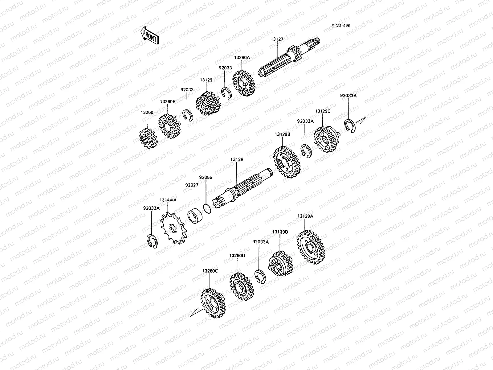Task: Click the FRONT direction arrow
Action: [149, 35]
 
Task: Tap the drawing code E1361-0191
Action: [341, 26]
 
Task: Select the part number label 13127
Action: [277, 39]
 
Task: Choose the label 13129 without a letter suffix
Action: [206, 80]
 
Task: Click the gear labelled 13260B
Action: [169, 126]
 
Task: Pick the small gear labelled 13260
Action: [148, 138]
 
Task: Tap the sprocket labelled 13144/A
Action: [173, 228]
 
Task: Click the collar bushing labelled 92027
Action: [195, 216]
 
